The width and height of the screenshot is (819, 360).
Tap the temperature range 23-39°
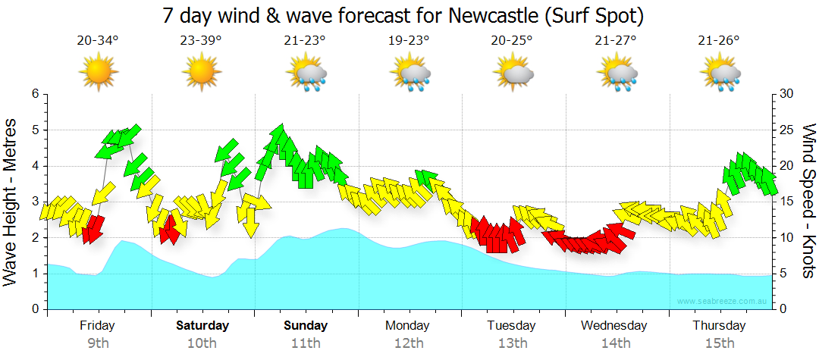click(x=201, y=41)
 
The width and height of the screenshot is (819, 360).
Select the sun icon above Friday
click(x=98, y=73)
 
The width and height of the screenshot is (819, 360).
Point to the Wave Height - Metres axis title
click(x=11, y=202)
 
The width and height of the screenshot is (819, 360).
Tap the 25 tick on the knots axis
click(x=786, y=130)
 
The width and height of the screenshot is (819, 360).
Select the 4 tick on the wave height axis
click(x=34, y=166)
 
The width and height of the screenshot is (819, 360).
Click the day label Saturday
click(x=202, y=326)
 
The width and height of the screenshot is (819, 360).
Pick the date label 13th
click(x=513, y=343)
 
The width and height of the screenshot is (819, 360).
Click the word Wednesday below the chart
click(x=614, y=326)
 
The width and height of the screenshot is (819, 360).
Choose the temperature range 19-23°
click(x=409, y=41)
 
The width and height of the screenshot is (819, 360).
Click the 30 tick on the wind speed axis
click(x=786, y=94)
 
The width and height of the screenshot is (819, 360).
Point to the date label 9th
click(x=98, y=343)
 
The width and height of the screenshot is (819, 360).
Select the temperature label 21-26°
click(x=719, y=41)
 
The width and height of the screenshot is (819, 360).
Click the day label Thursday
click(x=718, y=326)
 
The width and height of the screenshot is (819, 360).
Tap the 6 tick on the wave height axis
click(x=34, y=94)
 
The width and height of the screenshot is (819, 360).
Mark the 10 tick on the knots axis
click(x=786, y=238)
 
